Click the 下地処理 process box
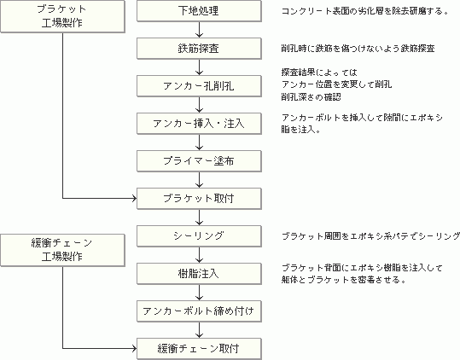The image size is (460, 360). click(199, 11)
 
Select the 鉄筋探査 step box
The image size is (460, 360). click(199, 49)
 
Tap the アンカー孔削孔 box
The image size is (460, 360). click(199, 86)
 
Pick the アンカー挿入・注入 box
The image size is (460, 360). click(199, 124)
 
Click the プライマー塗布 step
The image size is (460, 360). click(199, 161)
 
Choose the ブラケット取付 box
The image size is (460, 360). click(199, 199)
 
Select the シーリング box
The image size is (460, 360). click(199, 236)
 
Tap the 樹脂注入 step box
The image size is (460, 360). click(199, 274)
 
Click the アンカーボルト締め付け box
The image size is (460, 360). click(199, 311)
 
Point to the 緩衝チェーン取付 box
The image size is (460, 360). click(199, 349)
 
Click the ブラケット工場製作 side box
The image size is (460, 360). click(63, 16)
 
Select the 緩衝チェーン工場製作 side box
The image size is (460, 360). click(63, 250)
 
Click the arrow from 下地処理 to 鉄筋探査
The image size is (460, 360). click(199, 30)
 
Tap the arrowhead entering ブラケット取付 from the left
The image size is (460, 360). click(135, 199)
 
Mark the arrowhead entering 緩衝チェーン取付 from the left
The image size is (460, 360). click(135, 349)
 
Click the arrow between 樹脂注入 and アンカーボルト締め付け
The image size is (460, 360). click(199, 293)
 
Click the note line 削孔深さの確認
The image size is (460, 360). click(311, 97)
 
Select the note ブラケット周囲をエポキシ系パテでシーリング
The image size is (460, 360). click(370, 236)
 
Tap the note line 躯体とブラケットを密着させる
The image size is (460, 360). click(344, 280)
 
